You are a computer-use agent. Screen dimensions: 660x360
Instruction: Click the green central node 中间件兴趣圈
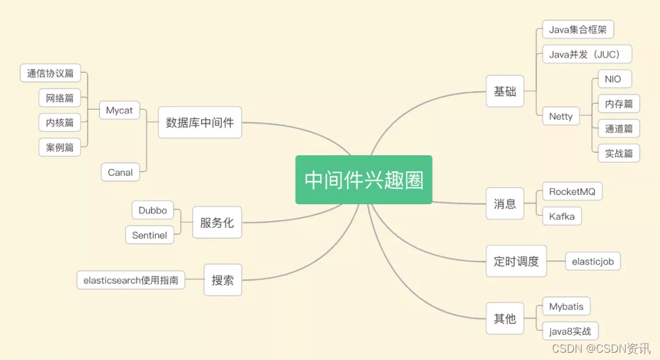pos(364,180)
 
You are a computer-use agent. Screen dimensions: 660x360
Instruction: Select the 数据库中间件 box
pos(200,122)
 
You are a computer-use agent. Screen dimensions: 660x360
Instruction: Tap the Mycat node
pos(119,111)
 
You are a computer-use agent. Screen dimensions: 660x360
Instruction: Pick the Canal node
pos(120,172)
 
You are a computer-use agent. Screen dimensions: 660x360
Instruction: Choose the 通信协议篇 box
pos(50,73)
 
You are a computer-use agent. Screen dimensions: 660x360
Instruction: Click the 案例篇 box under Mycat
pos(59,147)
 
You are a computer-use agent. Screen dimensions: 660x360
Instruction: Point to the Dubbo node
pos(153,210)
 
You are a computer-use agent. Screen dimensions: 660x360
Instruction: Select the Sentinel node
pos(149,235)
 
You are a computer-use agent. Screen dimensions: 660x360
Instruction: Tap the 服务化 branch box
pos(217,222)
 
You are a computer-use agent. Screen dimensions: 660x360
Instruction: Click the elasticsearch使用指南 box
pos(131,280)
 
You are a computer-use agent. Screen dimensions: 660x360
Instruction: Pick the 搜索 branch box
pos(222,280)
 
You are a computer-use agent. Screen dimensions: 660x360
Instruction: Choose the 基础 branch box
pos(505,92)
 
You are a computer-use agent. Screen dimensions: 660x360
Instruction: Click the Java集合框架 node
pos(577,29)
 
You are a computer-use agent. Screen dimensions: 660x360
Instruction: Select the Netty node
pos(560,116)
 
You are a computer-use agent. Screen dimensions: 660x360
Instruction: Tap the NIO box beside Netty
pos(614,79)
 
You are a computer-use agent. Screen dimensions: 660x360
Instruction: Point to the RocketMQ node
pos(571,192)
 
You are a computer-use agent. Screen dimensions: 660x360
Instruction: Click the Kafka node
pos(562,216)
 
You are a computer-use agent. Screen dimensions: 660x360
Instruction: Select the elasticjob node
pos(592,262)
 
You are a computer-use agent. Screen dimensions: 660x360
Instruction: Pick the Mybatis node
pos(566,306)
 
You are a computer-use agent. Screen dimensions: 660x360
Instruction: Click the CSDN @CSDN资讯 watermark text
pos(601,348)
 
